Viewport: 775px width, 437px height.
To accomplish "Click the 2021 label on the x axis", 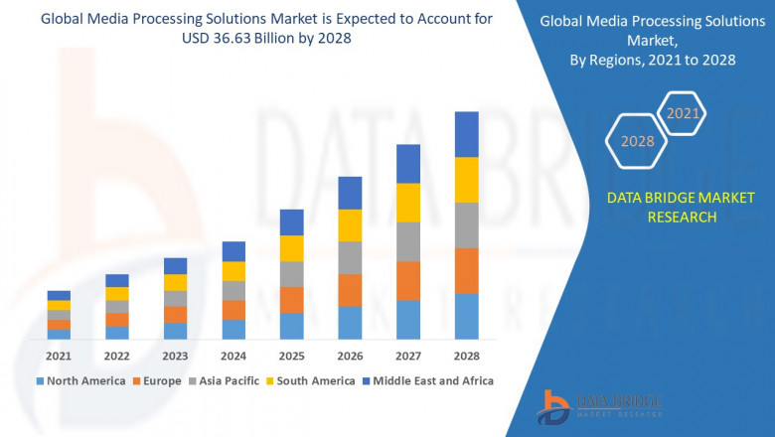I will (59, 355).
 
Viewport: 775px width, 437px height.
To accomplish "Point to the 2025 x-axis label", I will (291, 355).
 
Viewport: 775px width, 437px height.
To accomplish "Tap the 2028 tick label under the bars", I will (466, 355).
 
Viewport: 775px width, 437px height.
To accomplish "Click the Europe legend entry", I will (161, 380).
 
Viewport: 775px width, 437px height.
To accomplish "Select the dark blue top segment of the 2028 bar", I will (466, 134).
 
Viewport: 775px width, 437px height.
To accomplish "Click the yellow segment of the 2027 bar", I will (408, 202).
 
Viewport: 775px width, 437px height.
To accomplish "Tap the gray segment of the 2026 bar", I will (350, 257).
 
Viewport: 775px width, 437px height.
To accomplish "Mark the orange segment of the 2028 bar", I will (466, 270).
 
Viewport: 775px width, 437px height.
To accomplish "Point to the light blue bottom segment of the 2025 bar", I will (291, 326).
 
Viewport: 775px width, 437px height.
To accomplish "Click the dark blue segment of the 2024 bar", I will (233, 251).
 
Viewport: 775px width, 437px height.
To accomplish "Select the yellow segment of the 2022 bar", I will (117, 293).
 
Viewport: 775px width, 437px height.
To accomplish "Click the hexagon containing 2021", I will (683, 114).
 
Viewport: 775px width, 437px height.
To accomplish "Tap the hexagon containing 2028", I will (638, 141).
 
